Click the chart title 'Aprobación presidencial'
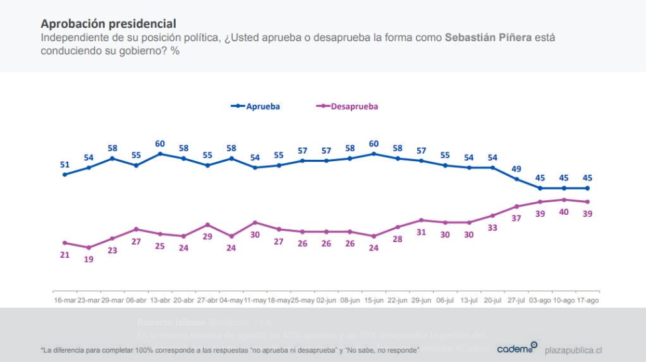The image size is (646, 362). click(108, 24)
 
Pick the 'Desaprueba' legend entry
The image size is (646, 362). click(350, 106)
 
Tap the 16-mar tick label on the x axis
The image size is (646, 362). click(64, 300)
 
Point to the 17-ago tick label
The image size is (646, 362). click(587, 300)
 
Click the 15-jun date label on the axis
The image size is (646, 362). click(374, 300)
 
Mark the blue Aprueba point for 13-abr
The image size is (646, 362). click(160, 154)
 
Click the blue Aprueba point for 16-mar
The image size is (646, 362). click(64, 174)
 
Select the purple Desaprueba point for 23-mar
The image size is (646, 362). click(88, 247)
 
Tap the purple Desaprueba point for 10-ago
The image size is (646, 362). click(564, 200)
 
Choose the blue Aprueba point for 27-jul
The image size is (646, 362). click(516, 179)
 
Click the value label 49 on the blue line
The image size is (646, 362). click(516, 168)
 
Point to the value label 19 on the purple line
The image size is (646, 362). click(88, 259)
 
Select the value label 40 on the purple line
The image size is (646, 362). click(564, 212)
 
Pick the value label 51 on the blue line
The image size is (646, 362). click(64, 164)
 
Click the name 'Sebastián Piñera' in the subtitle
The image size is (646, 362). click(487, 38)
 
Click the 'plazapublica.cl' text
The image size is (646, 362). click(573, 350)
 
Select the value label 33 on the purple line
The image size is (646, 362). click(492, 227)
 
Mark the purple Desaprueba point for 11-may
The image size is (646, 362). click(255, 222)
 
